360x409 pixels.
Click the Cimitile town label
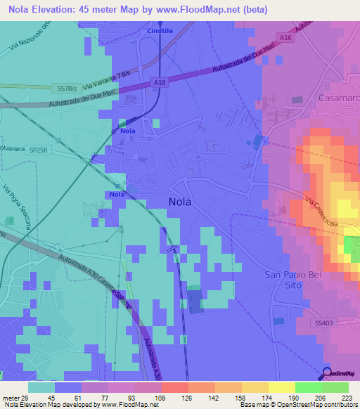[160, 32]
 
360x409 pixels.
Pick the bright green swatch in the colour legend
[307, 387]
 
